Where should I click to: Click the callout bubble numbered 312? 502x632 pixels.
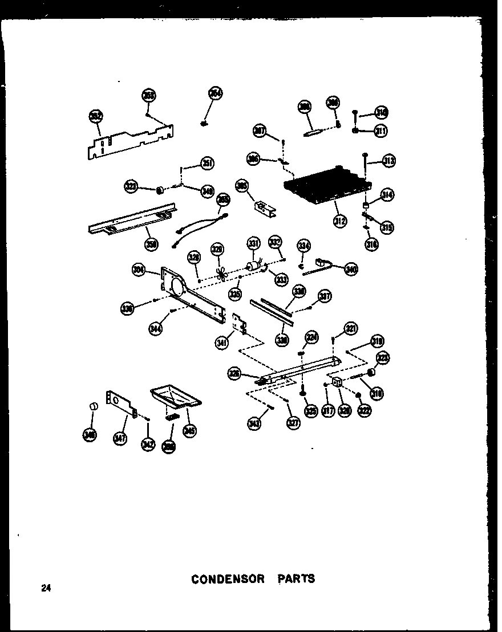(341, 221)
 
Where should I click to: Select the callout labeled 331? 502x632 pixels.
(253, 244)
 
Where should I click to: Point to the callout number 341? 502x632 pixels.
(222, 343)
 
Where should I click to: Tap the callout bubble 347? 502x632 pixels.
(120, 439)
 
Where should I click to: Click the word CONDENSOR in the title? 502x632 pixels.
(228, 579)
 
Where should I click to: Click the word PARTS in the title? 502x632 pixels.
(296, 579)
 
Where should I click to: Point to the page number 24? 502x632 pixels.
(46, 588)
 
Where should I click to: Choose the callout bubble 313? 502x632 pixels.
(389, 161)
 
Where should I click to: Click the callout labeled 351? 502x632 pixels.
(207, 165)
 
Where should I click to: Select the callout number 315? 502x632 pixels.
(388, 227)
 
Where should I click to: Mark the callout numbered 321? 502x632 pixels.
(350, 328)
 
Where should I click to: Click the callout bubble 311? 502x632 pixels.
(380, 131)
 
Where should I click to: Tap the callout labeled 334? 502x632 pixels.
(303, 246)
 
